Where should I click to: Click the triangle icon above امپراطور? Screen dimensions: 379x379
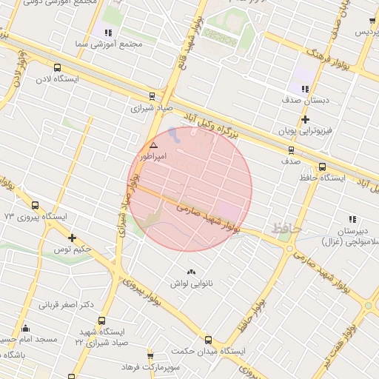point(153,146)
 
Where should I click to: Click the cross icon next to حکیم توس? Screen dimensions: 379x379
point(72,238)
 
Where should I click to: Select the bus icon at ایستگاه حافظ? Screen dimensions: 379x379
point(322,167)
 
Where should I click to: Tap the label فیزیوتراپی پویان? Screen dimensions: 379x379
point(306,130)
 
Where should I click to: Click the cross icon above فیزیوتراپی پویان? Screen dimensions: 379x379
point(305,119)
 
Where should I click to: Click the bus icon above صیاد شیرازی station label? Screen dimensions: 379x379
point(152,96)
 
